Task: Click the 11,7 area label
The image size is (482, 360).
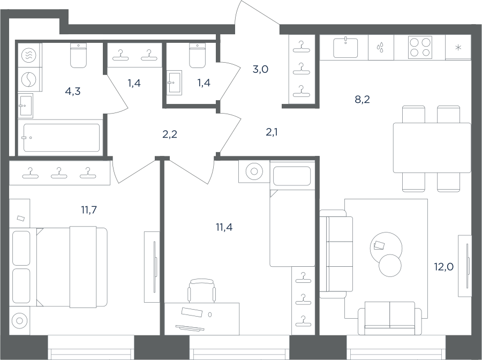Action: pos(89,210)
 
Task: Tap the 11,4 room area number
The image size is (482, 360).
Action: pos(224,227)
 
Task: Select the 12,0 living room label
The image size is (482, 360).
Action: pos(443,267)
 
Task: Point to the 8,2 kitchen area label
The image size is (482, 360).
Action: pos(362,99)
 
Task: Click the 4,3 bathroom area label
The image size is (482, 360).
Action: pos(73,91)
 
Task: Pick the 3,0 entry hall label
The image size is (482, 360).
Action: pos(260,70)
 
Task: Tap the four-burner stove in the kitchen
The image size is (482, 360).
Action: pos(420,47)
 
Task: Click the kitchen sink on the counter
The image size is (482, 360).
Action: pos(345,47)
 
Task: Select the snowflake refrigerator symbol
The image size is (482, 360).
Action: pos(458,47)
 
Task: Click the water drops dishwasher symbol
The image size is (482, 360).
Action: pos(381,47)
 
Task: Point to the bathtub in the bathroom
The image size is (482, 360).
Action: pos(62,138)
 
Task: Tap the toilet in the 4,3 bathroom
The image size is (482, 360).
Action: pos(78,55)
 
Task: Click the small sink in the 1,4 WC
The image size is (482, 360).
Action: pos(175,82)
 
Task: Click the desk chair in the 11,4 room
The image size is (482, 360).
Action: pos(202,290)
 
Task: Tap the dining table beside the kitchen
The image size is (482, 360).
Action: pos(432,147)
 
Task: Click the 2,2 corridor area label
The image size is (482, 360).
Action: pos(170,134)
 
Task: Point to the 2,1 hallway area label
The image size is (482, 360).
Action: pos(272,132)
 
